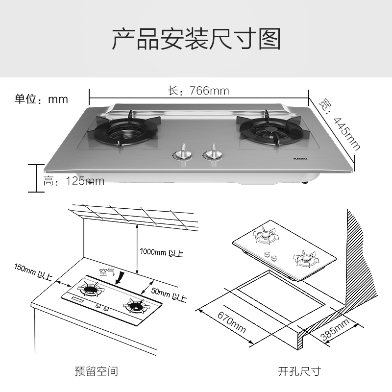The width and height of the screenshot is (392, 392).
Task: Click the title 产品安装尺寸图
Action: pos(196,39)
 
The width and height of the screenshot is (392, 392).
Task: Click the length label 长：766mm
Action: pos(198,91)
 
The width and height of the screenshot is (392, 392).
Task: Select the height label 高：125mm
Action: pos(74,181)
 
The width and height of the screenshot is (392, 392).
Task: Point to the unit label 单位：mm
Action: pos(41,99)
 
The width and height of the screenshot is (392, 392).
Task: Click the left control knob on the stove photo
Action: pos(183,153)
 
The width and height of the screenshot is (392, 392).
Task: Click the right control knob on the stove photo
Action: pos(213,153)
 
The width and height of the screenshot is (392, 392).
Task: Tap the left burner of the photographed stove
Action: pos(124,131)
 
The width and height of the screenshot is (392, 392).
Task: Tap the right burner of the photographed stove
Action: pos(273,131)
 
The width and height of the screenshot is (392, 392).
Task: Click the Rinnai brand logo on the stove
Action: pos(300,158)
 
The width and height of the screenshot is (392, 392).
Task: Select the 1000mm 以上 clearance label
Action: pos(162,252)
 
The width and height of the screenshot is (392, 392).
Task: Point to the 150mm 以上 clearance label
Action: pos(33,272)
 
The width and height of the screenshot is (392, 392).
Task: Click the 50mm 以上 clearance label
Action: pos(169,295)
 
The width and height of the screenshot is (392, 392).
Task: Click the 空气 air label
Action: pos(107,272)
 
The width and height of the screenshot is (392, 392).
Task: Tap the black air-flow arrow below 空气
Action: pos(120,278)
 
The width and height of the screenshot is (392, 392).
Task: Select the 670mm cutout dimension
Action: pos(231,322)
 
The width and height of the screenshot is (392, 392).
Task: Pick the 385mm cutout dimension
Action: pos(335,330)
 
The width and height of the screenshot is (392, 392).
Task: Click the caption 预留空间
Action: pos(96,371)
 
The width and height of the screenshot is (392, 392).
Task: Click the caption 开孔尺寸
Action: pos(299,371)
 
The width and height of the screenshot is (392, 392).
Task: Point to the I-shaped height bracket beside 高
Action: pos(36,178)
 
